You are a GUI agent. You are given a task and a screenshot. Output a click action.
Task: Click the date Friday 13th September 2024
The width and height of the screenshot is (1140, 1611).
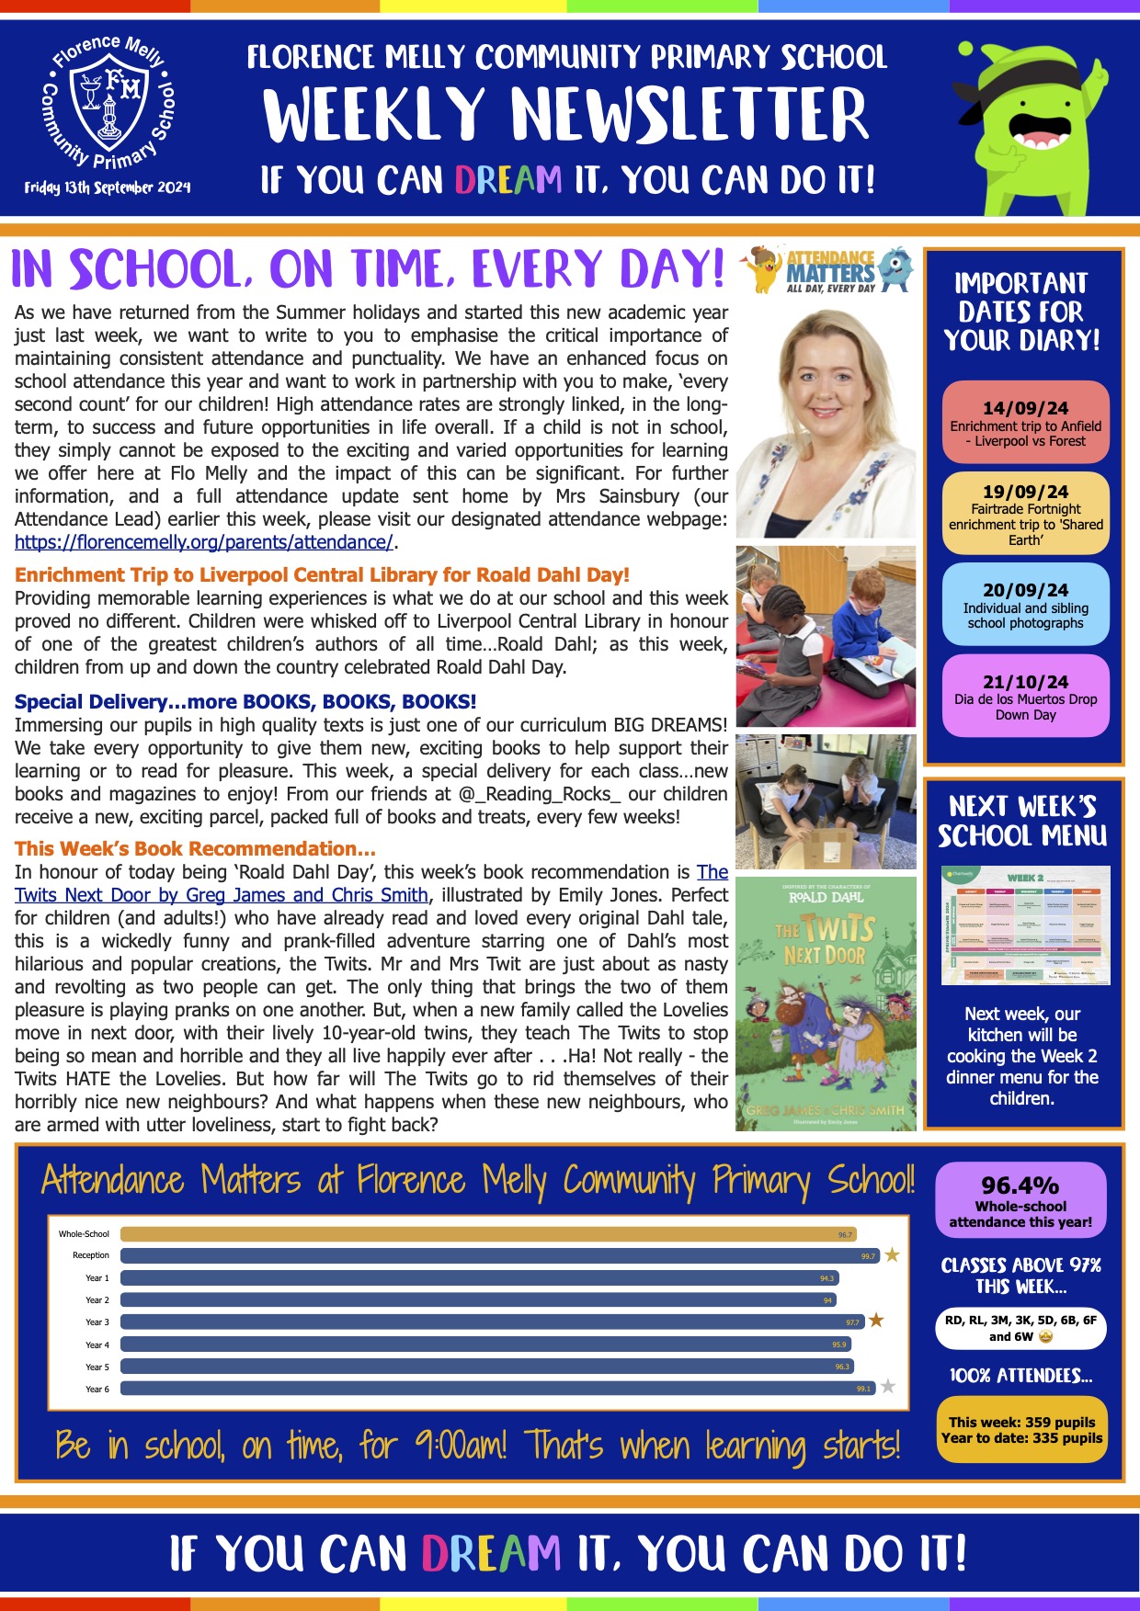[108, 187]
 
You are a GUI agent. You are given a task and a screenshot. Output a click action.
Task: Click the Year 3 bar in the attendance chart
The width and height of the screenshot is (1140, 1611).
[492, 1322]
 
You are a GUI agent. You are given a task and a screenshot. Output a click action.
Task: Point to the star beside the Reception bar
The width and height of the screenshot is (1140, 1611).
[892, 1255]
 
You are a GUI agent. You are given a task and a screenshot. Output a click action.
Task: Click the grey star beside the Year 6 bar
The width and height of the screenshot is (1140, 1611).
[888, 1387]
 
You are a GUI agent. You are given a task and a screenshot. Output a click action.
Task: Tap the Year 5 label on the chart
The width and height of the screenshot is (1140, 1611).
[97, 1367]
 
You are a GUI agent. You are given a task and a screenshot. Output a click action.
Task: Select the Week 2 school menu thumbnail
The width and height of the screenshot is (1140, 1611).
[1025, 925]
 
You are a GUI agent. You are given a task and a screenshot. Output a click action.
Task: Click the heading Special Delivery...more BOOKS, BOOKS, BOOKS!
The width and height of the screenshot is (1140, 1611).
[245, 702]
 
